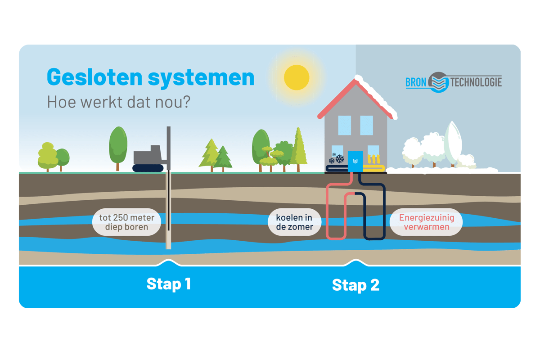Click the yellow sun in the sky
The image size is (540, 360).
tap(297, 77)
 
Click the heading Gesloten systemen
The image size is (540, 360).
tap(151, 77)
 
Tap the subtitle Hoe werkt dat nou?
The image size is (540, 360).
tap(119, 102)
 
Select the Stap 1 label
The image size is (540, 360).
tap(169, 283)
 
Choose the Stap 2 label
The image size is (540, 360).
tap(355, 284)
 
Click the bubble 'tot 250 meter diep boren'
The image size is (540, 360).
tap(126, 222)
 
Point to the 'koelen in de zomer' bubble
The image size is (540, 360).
tap(294, 222)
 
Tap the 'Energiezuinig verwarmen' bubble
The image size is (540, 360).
tap(426, 222)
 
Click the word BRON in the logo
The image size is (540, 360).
tap(415, 83)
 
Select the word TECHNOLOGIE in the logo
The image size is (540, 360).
tap(476, 82)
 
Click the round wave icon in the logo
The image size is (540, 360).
tap(438, 82)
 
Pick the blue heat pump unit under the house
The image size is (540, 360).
tap(355, 161)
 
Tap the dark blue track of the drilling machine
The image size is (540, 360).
tap(148, 168)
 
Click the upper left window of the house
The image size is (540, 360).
tap(344, 125)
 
